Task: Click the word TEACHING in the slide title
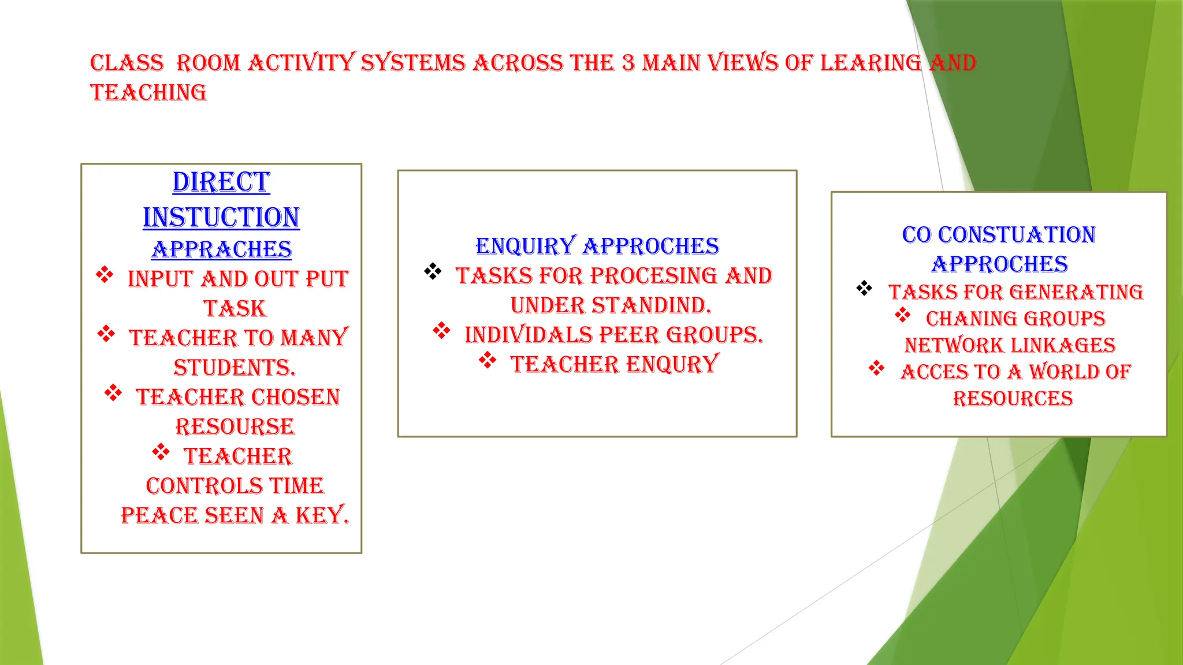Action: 148,92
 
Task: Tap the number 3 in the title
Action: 628,63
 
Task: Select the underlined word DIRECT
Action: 221,182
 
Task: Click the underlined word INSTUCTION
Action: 221,218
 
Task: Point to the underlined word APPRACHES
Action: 222,249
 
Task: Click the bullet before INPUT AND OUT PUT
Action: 105,275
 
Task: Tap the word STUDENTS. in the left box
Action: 235,368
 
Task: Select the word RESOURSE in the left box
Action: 235,427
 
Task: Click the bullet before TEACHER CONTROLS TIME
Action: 161,452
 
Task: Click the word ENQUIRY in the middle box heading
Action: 526,246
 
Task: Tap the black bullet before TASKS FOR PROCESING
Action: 433,271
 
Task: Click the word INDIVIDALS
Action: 529,335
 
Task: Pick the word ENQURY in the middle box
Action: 672,364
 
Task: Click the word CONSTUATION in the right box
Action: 1017,235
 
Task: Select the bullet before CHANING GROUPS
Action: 902,315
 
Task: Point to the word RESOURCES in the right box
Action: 1013,398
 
